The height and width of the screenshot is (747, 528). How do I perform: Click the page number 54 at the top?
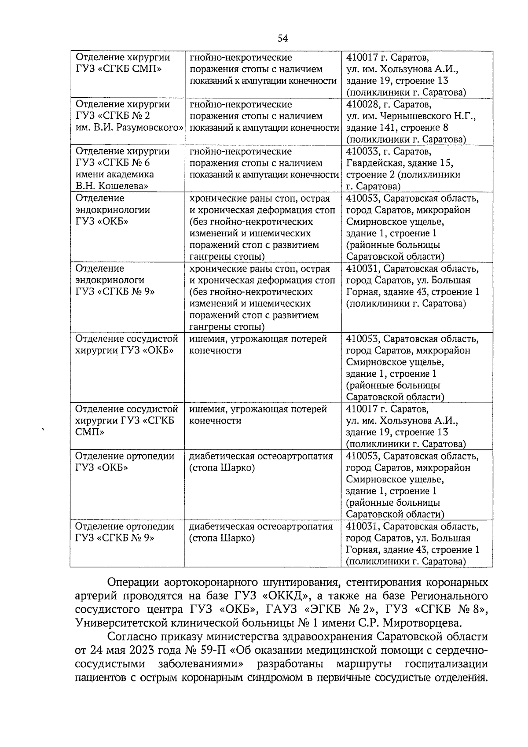click(282, 39)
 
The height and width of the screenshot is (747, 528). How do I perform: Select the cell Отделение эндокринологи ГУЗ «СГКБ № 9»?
click(115, 280)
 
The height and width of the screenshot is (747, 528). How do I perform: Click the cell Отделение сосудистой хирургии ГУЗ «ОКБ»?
click(127, 345)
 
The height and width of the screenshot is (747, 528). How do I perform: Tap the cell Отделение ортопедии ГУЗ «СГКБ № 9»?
click(125, 532)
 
